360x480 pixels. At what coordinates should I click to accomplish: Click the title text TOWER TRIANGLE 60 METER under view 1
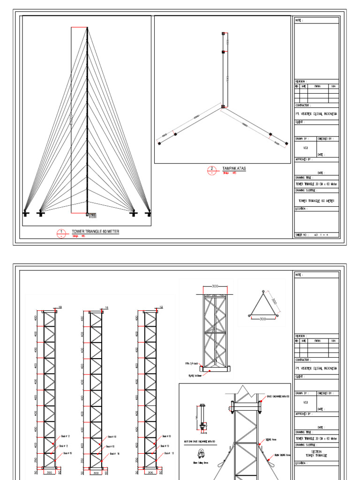(95, 232)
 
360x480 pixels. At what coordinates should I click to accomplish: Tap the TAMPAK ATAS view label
(234, 168)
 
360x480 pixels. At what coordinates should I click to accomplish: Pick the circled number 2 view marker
(211, 170)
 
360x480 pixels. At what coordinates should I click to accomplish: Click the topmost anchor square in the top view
(224, 33)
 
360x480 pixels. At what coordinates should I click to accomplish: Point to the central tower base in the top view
(224, 107)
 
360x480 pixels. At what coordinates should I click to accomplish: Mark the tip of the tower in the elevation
(87, 29)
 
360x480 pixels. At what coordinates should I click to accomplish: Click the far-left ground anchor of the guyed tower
(26, 214)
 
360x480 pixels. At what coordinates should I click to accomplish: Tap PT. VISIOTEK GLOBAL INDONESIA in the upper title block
(316, 113)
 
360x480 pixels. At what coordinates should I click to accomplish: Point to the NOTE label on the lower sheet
(299, 275)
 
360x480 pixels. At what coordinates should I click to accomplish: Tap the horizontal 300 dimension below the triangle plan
(263, 319)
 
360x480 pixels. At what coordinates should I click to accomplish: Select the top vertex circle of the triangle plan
(263, 292)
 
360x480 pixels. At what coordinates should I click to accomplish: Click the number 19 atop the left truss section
(60, 307)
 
